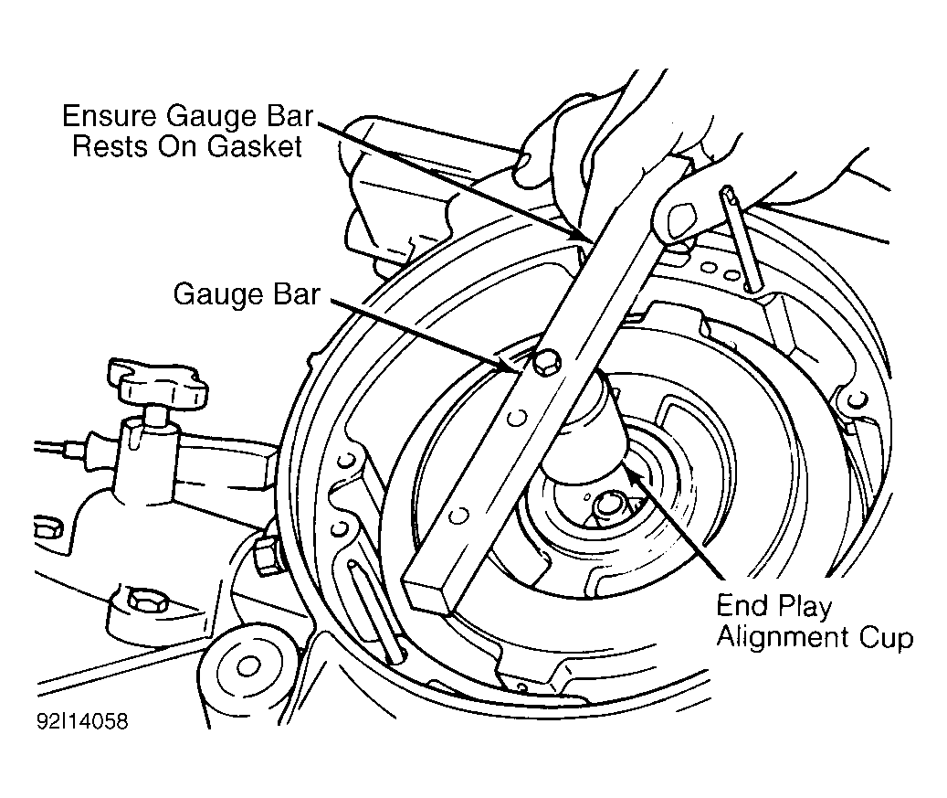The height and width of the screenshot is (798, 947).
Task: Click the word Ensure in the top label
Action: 110,116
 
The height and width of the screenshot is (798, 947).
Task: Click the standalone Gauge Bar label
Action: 247,295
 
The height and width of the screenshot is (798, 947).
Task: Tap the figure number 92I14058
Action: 83,721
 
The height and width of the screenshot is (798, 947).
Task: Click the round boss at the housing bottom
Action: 248,666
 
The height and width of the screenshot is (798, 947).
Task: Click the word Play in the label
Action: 804,607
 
